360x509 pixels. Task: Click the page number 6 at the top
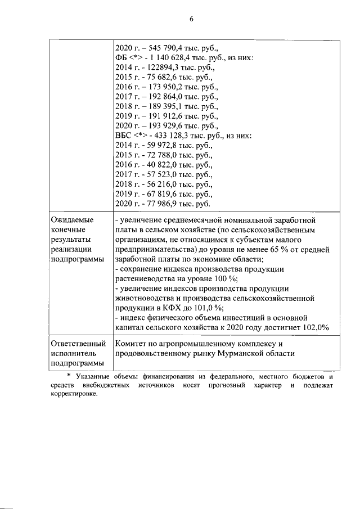click(191, 18)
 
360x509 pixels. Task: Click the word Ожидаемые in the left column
click(72, 219)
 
